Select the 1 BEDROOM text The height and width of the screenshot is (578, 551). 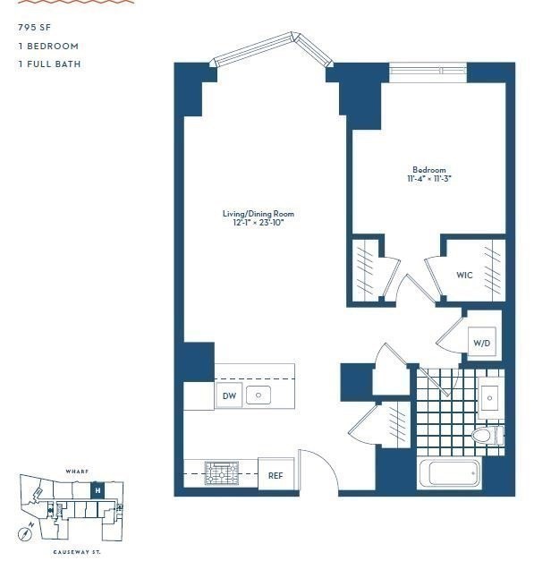(x=47, y=46)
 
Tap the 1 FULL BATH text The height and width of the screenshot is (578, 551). (x=49, y=64)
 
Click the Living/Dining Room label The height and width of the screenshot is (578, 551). (x=258, y=214)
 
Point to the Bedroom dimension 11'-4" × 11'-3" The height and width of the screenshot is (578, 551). (x=428, y=178)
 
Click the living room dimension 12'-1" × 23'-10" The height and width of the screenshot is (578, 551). (x=258, y=223)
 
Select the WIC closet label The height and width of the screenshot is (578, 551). (x=464, y=275)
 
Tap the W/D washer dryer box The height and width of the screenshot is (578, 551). (x=482, y=343)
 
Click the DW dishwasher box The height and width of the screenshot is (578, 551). (x=229, y=395)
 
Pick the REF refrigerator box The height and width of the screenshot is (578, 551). (x=275, y=475)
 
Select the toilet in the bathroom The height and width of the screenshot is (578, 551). (x=487, y=436)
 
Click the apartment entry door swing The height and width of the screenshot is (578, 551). (x=318, y=471)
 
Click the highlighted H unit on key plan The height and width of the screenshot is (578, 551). (x=97, y=490)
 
